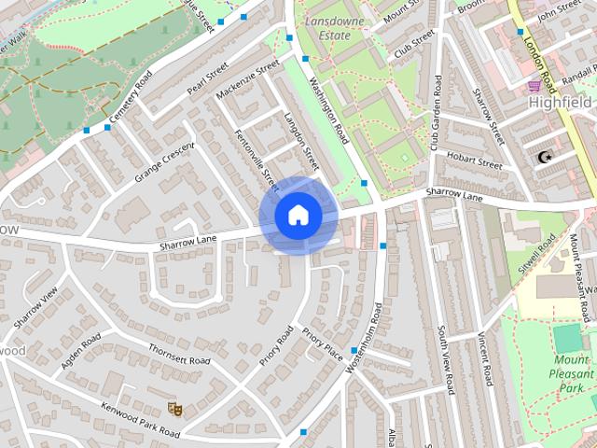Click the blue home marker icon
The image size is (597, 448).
click(298, 216)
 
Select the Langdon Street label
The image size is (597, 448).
click(297, 141)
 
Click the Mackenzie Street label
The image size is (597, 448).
click(247, 81)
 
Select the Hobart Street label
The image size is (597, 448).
click(474, 161)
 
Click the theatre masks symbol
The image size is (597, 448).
click(173, 407)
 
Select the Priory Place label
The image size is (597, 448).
click(323, 343)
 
